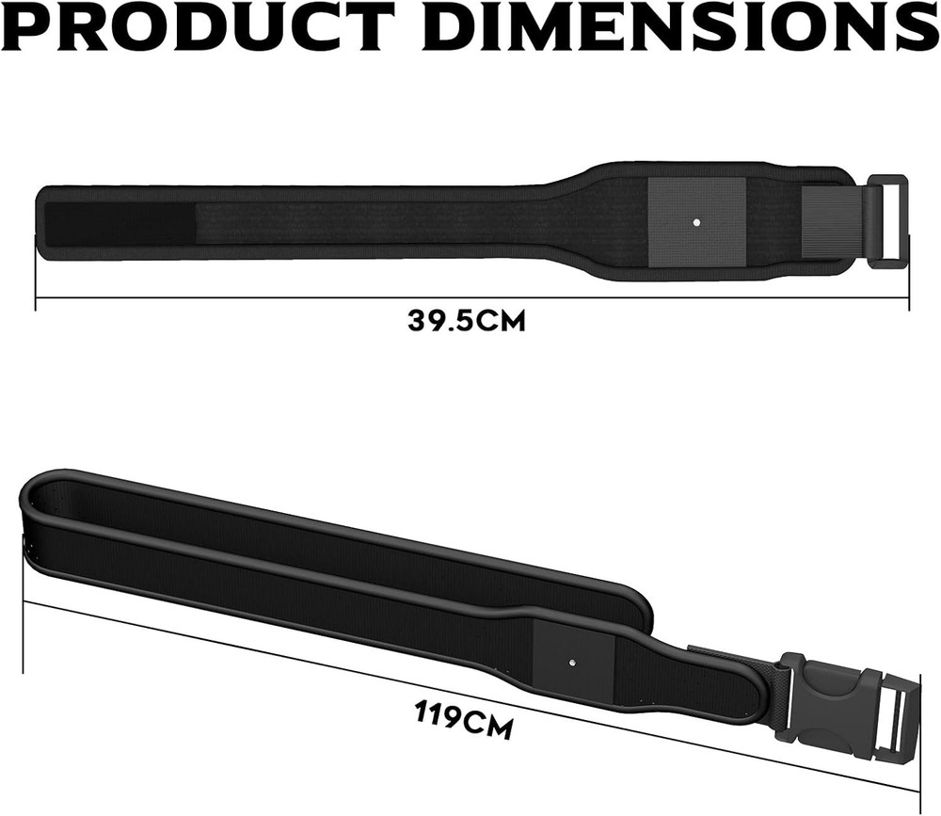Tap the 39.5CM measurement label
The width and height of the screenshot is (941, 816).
[x=467, y=320]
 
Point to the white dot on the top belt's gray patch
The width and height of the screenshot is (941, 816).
[x=695, y=223]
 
